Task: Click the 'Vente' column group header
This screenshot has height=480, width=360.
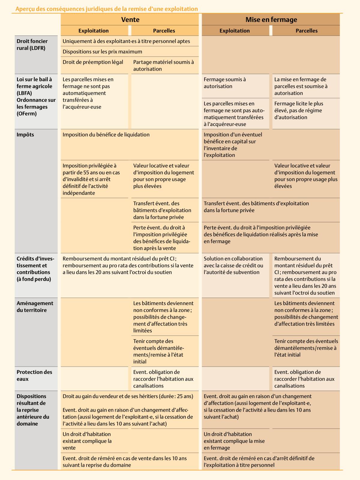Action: coord(130,20)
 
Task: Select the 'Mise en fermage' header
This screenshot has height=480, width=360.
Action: coord(271,20)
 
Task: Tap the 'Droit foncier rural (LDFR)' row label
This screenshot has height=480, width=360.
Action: coord(32,44)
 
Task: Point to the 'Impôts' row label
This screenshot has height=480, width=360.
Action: coord(25,135)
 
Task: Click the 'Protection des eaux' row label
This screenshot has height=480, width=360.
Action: coord(34,375)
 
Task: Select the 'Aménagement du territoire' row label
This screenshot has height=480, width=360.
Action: coord(35,307)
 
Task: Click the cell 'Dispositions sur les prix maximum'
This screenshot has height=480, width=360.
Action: coord(103,52)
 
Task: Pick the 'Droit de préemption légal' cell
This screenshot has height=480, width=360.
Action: coord(93,62)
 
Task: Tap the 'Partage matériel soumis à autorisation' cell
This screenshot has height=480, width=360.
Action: coord(164,65)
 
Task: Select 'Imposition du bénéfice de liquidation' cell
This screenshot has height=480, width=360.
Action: coord(106,135)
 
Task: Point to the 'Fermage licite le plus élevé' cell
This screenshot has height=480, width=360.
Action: coord(299,110)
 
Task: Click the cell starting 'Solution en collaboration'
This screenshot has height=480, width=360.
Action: coord(233,265)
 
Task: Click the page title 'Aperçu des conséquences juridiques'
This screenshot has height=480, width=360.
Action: coord(106,9)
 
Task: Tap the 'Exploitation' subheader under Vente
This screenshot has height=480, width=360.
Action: coord(94,31)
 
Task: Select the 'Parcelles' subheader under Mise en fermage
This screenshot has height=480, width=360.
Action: coord(306,31)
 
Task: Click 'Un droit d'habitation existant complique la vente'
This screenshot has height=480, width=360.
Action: coord(87,441)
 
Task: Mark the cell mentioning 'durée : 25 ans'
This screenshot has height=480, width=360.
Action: coord(128,396)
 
